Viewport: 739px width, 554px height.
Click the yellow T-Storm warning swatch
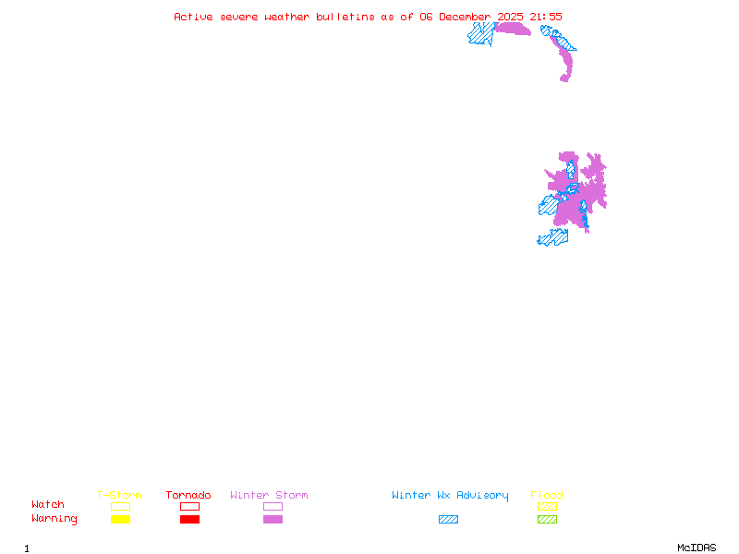pos(120,520)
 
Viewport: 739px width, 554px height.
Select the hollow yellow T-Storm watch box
pos(120,506)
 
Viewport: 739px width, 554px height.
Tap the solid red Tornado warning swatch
pos(189,520)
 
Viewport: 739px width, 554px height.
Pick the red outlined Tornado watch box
pos(189,506)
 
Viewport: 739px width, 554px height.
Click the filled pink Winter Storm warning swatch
pos(273,520)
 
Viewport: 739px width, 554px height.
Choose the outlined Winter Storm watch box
pos(273,506)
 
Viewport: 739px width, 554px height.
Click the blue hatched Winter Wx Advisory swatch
pos(448,520)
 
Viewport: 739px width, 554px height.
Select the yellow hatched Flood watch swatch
pos(547,506)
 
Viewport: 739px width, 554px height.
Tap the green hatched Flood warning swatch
pos(547,520)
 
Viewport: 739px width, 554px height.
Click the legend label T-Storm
pos(119,496)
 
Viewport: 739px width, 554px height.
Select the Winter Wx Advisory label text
pos(450,496)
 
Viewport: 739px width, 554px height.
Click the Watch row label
pos(48,505)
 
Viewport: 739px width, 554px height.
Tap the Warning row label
pos(55,519)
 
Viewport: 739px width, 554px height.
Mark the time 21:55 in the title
pos(545,17)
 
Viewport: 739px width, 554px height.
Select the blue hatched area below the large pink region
pos(552,238)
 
